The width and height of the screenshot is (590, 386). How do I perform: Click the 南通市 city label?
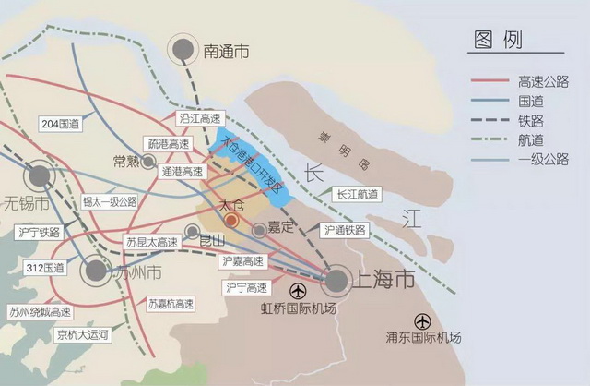226,53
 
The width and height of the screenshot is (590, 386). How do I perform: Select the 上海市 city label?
382,278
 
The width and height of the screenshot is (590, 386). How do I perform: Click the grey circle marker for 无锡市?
39,175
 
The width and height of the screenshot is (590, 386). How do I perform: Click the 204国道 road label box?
60,123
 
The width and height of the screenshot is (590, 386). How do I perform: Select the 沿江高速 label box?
199,118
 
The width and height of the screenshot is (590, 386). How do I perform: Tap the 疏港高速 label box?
166,144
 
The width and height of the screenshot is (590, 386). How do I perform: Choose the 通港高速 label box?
181,172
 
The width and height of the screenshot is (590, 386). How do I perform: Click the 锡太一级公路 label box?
109,200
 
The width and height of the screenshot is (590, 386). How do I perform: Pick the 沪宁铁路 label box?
40,232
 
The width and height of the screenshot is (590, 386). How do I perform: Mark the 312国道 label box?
46,268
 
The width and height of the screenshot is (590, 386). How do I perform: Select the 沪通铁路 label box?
345,229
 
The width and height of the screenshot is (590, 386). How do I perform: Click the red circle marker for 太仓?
231,221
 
